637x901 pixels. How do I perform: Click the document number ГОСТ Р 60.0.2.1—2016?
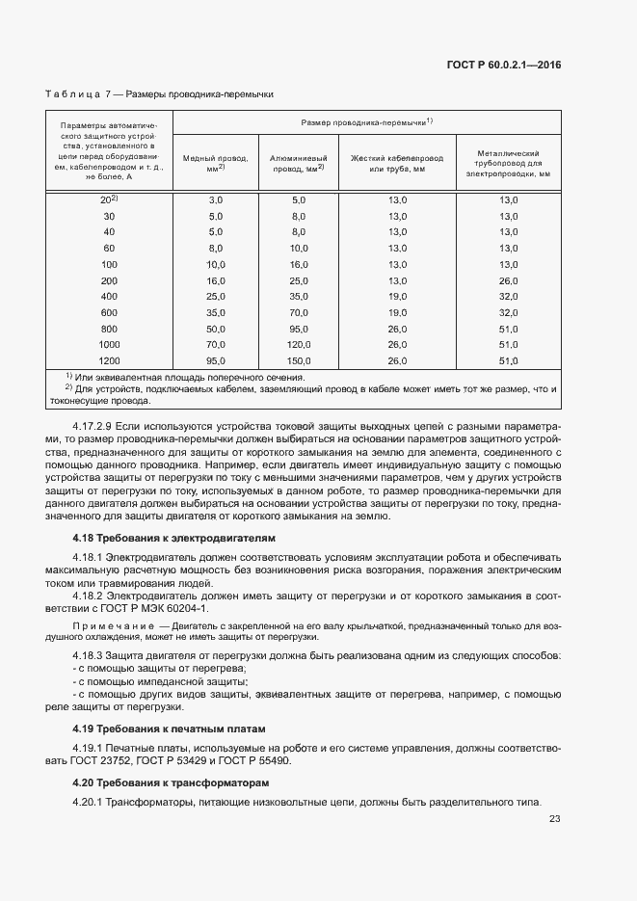pos(504,65)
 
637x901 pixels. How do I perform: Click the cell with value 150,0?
pos(298,360)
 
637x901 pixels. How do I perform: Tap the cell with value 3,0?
pos(216,199)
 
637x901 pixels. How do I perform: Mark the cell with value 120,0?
pos(298,344)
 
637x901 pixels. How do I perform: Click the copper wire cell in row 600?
pos(216,312)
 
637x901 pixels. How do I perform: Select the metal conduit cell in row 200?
pos(509,279)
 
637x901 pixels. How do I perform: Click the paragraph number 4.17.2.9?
pos(93,424)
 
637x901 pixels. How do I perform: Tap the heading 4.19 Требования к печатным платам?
pos(168,728)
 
